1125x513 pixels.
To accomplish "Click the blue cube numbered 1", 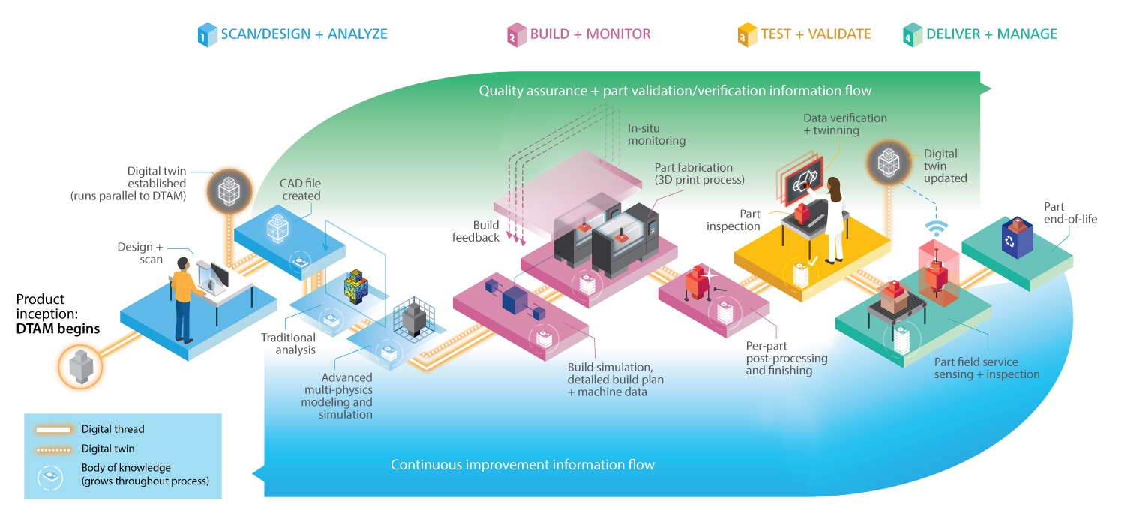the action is coord(207,34).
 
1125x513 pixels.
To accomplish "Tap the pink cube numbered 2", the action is coord(517,34).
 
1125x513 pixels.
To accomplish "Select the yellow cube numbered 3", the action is coord(747,34).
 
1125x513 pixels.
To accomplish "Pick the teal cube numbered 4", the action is coord(913,34).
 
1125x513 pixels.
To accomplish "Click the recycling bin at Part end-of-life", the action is coord(1017,238).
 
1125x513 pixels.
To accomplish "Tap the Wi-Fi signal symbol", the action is coord(937,228).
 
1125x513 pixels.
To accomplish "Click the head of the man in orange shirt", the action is coord(183,264).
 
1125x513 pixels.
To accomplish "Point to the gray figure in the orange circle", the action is coord(80,367).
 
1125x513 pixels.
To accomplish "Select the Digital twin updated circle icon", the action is coord(889,163).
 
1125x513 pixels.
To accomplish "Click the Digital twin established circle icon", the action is coord(229,191).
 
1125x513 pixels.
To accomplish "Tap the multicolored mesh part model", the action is coord(356,286).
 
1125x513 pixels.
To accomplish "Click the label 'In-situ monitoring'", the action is coord(656,135).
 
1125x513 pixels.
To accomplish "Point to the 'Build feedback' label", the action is coord(475,231).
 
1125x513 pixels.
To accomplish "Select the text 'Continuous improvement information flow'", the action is coord(522,465).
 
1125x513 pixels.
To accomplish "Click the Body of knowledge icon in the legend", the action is coord(50,476).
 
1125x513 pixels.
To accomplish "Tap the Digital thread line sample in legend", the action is coord(54,430).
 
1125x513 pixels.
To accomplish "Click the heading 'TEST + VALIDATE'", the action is coord(816,34).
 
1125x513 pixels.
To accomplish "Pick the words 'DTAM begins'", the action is coord(58,328).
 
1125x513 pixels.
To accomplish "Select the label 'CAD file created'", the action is coord(300,190).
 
